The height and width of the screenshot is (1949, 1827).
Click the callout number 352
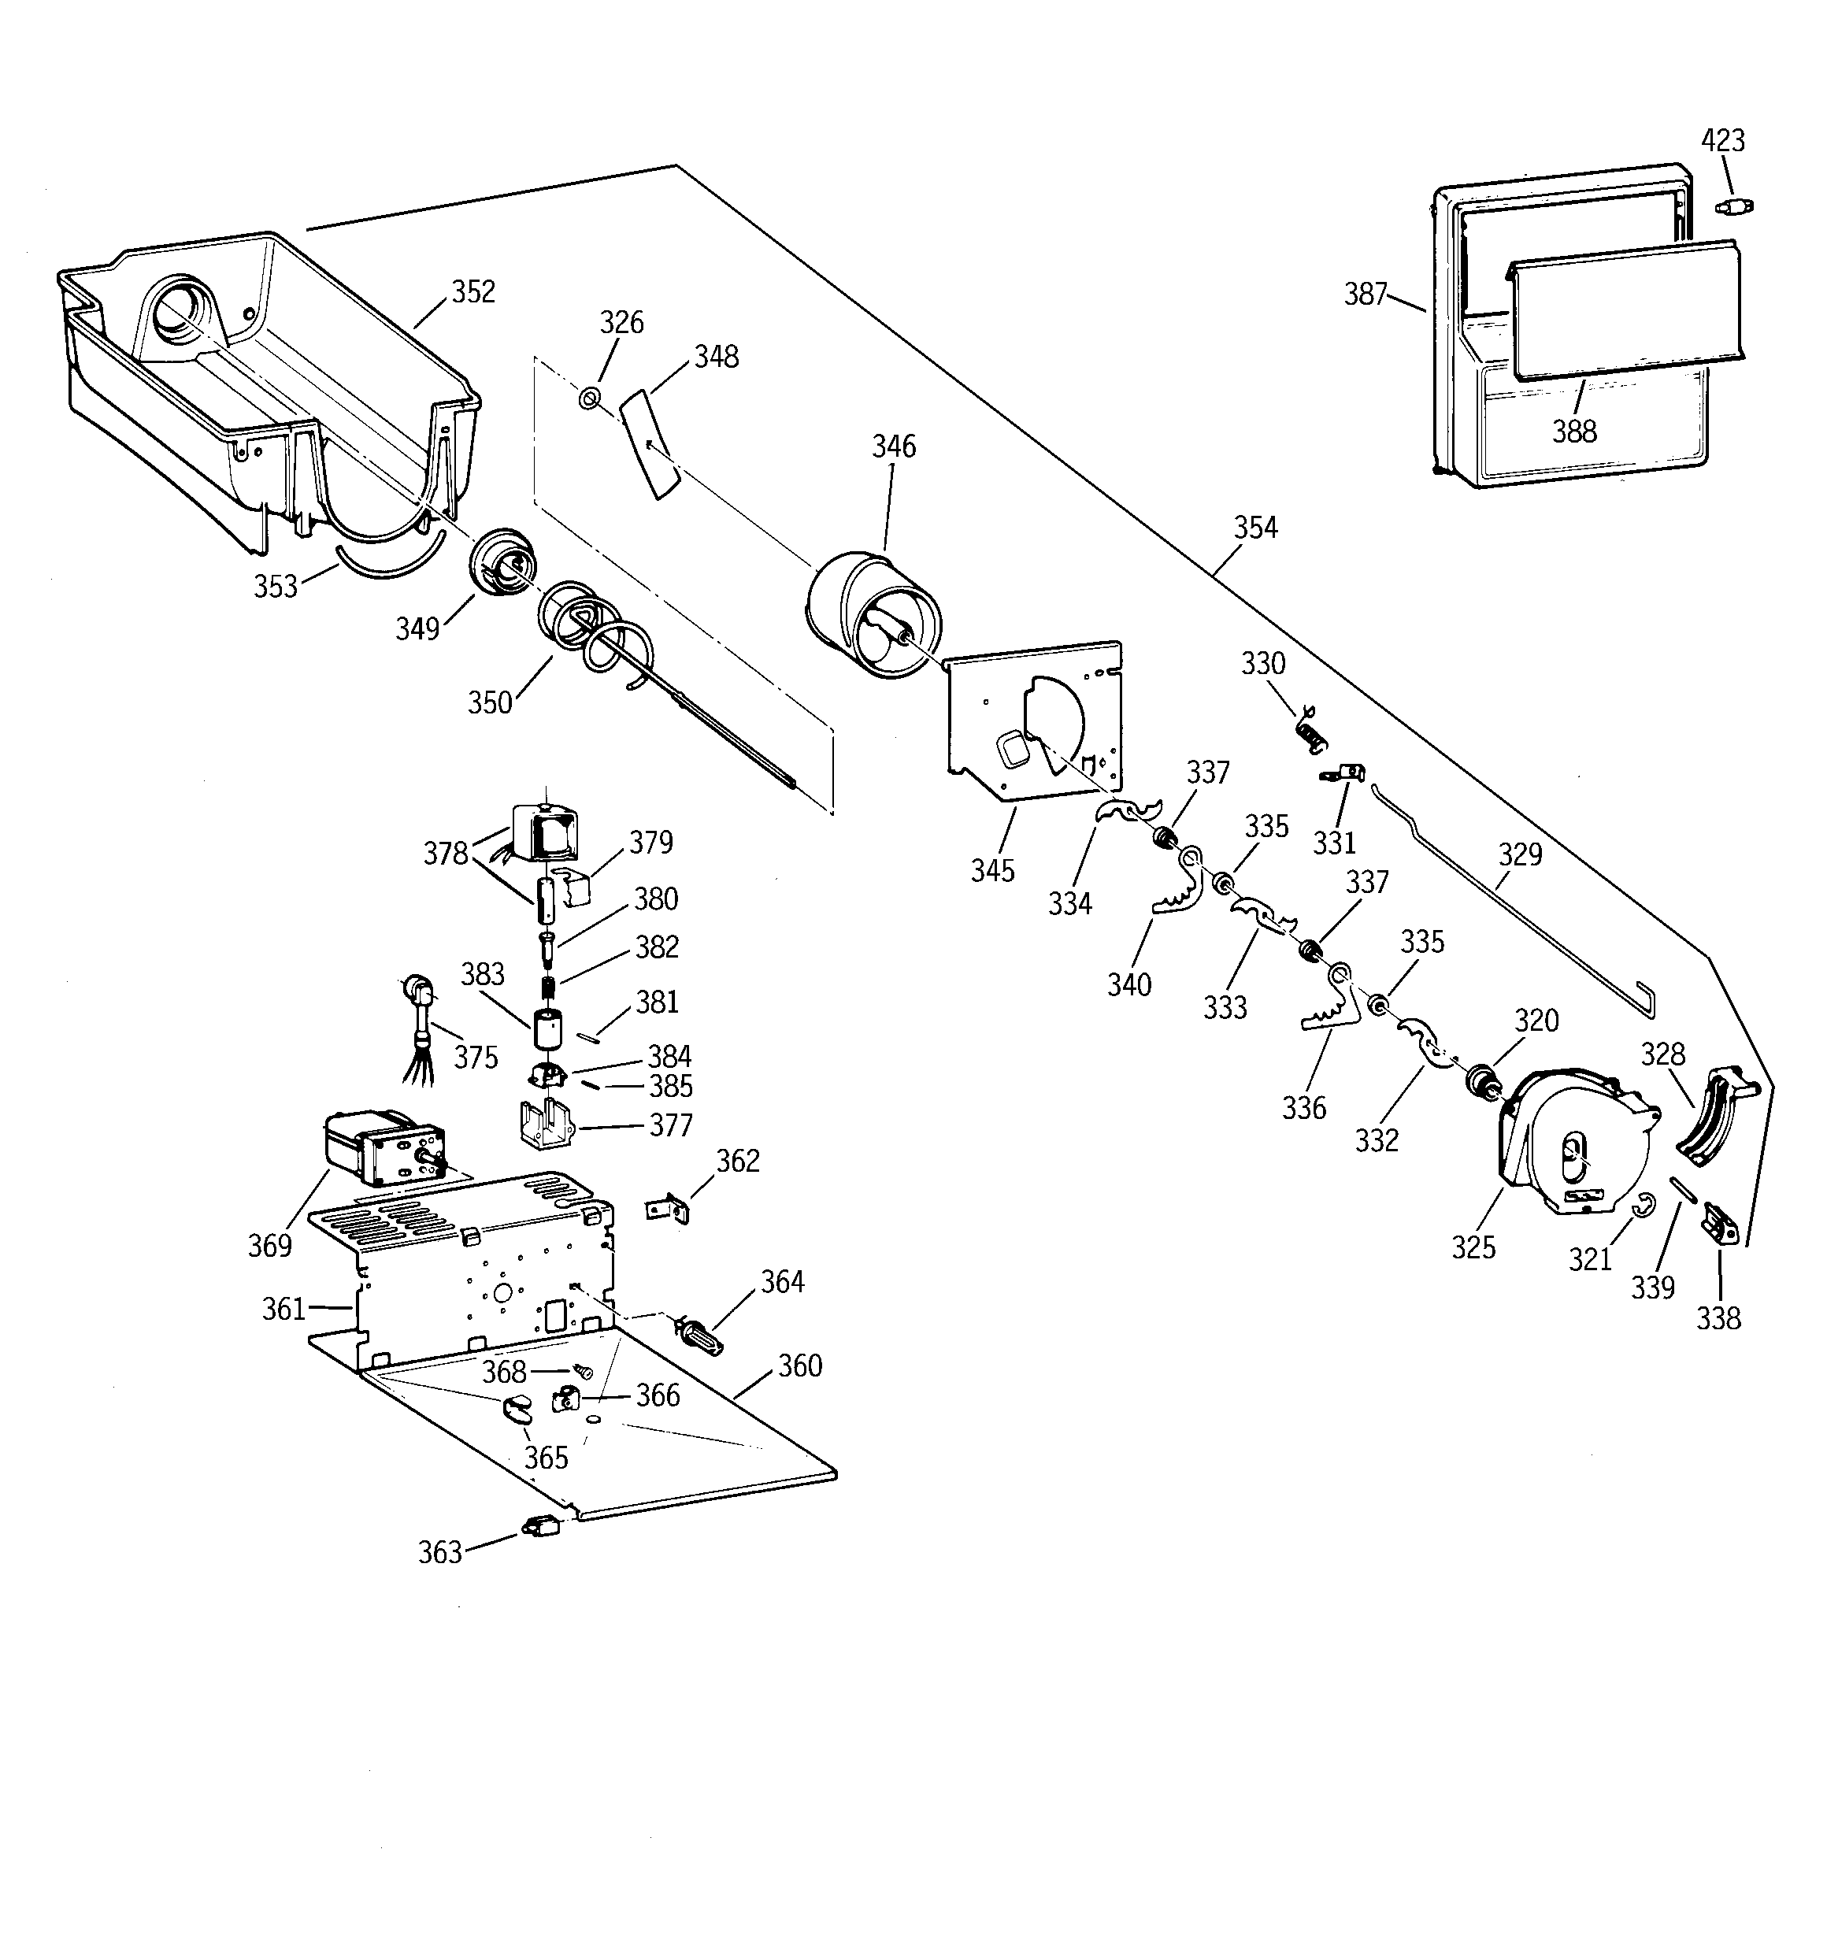[x=472, y=292]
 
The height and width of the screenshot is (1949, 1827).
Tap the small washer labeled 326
[x=588, y=398]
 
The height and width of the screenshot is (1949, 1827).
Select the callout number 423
[x=1722, y=141]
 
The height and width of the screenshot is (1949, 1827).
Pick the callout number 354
[x=1255, y=528]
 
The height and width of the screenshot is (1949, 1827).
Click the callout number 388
[x=1574, y=431]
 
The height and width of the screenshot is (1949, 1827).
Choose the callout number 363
[x=439, y=1552]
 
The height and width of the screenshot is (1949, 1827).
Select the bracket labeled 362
[x=669, y=1210]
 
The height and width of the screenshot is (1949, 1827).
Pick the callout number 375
[x=475, y=1057]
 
